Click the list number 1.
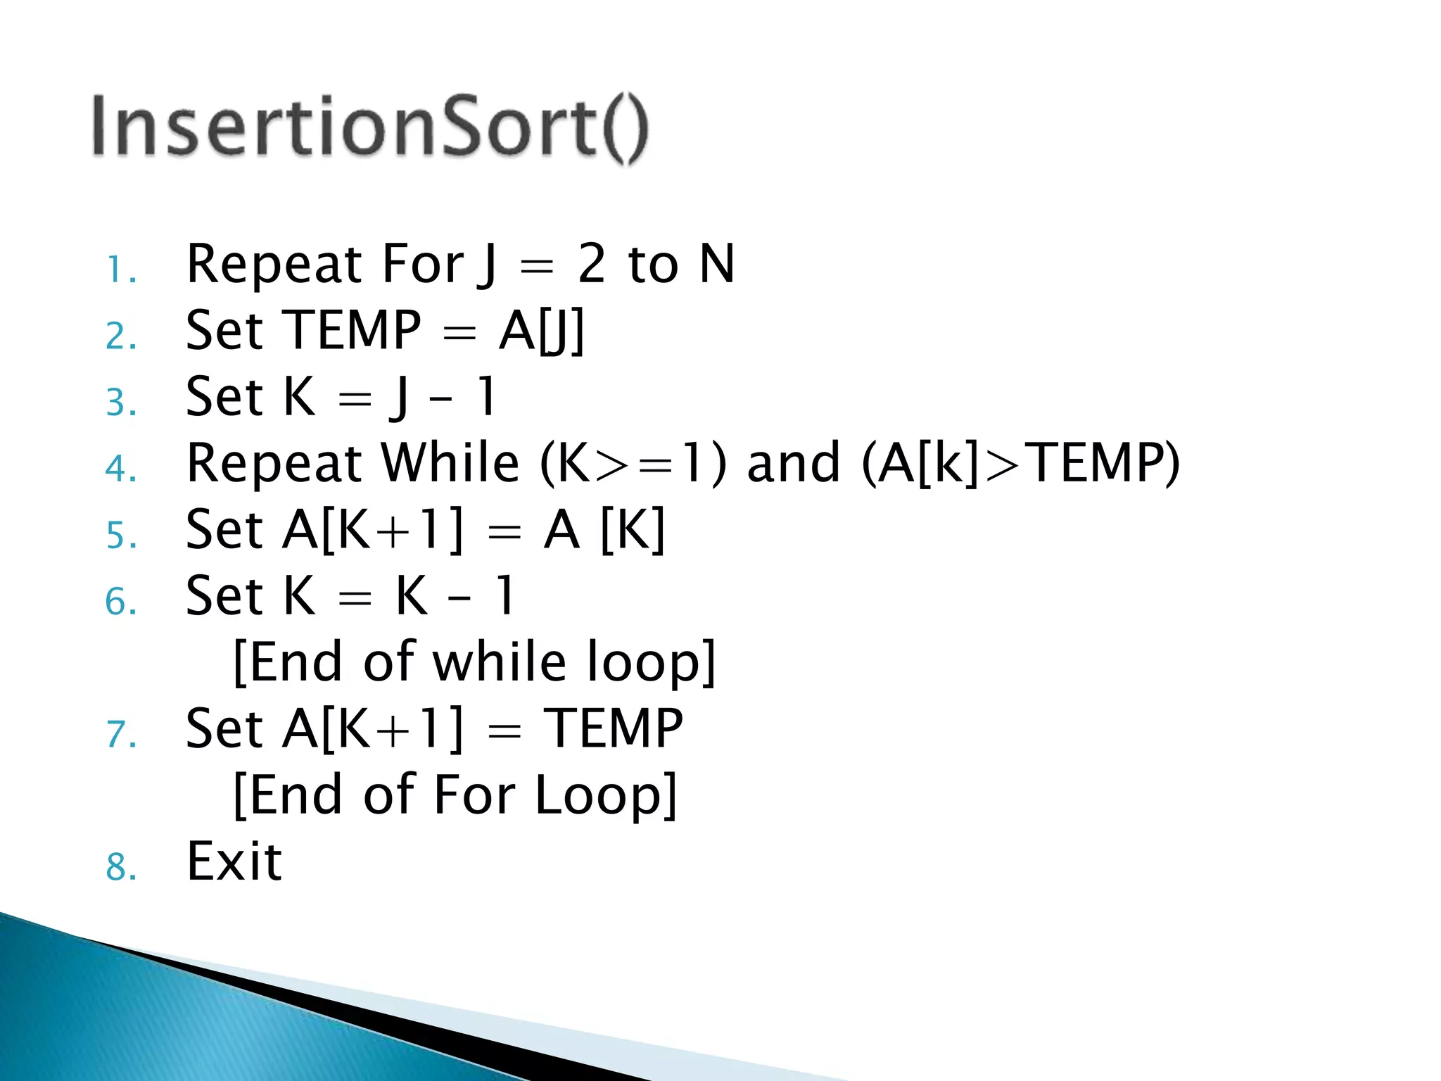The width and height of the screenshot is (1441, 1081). pos(120,270)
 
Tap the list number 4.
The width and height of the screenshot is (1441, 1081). pos(120,469)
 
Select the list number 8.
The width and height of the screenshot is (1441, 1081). pos(120,867)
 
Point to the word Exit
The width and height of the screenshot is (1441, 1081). pos(234,861)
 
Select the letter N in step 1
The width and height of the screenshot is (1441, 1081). pos(717,264)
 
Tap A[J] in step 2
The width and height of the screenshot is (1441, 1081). pos(541,331)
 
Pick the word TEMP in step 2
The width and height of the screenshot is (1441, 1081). pos(352,330)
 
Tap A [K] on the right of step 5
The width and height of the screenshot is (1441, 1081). pos(604,529)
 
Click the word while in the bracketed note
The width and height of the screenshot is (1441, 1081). pos(499,662)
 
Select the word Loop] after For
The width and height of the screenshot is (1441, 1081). pos(606,795)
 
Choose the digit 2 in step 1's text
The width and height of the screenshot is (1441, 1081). pos(592,264)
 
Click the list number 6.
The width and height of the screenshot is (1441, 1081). pos(120,602)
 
